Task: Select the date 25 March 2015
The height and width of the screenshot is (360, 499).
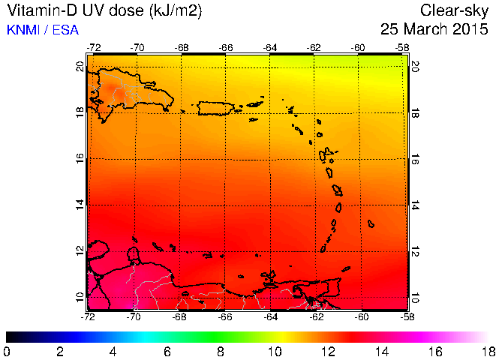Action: click(435, 30)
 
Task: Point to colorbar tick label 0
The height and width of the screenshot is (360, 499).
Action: click(7, 351)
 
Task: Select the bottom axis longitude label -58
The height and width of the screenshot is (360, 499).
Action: click(407, 316)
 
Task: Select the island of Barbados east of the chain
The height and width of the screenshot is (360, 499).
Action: click(371, 223)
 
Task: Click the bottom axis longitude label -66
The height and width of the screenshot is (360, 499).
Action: click(225, 316)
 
